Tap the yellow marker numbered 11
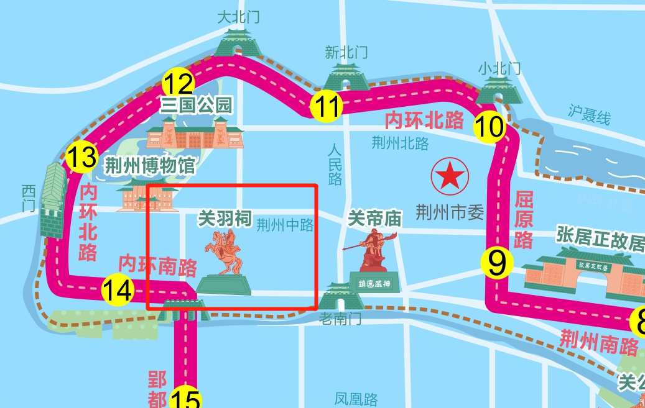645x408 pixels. tap(326, 106)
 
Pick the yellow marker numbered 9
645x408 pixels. tap(497, 263)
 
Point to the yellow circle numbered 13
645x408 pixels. tap(81, 158)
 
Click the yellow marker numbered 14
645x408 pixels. tap(118, 290)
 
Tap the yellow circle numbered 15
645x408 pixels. tap(186, 399)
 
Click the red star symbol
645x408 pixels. tap(448, 176)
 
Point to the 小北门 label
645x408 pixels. tap(499, 68)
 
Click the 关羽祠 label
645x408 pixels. tap(225, 219)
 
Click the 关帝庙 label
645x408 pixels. tap(375, 218)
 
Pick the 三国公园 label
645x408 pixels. tap(196, 105)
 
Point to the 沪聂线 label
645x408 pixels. tap(590, 116)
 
